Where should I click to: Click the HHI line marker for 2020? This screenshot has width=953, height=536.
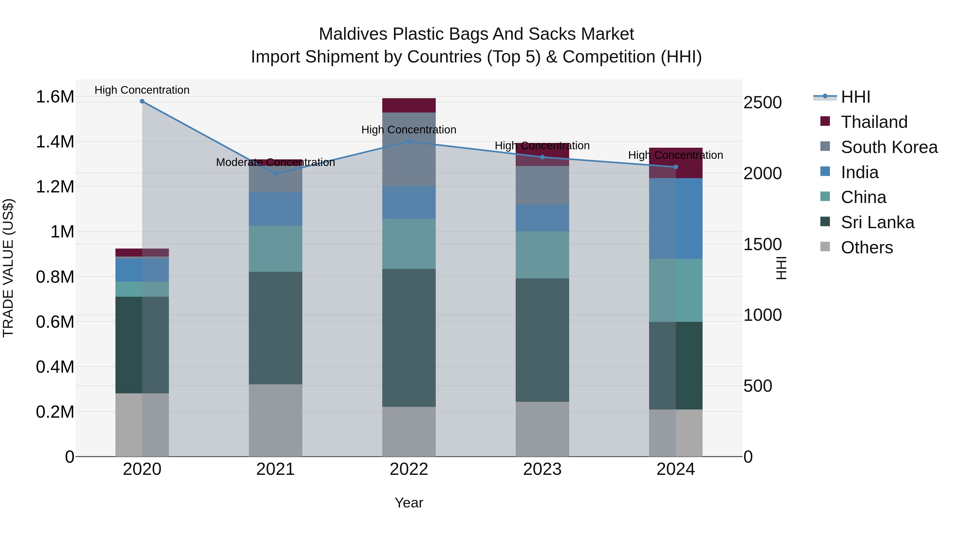[x=142, y=101]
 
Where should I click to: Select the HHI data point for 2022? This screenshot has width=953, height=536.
[x=409, y=141]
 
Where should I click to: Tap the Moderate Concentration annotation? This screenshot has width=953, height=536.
[x=275, y=163]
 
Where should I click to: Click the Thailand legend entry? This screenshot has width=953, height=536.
[x=874, y=122]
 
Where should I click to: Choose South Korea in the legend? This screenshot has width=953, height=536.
[x=889, y=147]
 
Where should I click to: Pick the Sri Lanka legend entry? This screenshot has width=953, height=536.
[x=877, y=222]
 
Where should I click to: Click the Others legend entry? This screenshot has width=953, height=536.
[x=866, y=247]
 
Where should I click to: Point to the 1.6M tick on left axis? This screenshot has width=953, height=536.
[x=55, y=97]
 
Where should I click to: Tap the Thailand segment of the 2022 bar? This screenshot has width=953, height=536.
[x=409, y=105]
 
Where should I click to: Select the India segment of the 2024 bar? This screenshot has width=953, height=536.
[x=676, y=218]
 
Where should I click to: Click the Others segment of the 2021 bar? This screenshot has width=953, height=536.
[x=275, y=420]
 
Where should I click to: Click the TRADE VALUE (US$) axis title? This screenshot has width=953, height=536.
[x=8, y=268]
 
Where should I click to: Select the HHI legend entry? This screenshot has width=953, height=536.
[x=855, y=97]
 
